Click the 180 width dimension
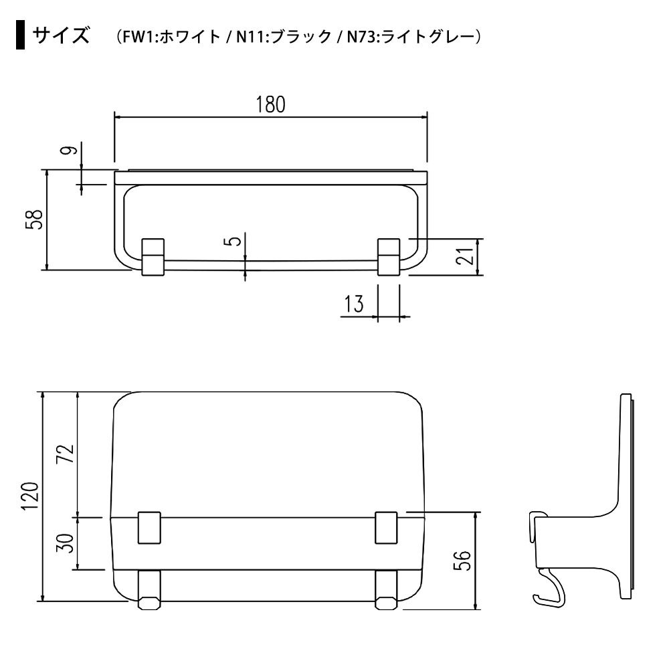point(270,104)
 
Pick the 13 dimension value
point(354,304)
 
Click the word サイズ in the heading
point(61,35)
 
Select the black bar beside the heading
point(20,35)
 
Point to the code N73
point(362,37)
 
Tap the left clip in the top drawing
point(153,257)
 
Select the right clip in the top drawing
point(389,257)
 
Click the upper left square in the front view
point(149,527)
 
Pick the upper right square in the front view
point(387,527)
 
